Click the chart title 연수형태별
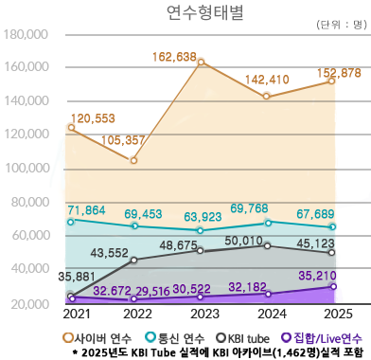click(x=185, y=12)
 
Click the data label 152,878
click(x=330, y=73)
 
